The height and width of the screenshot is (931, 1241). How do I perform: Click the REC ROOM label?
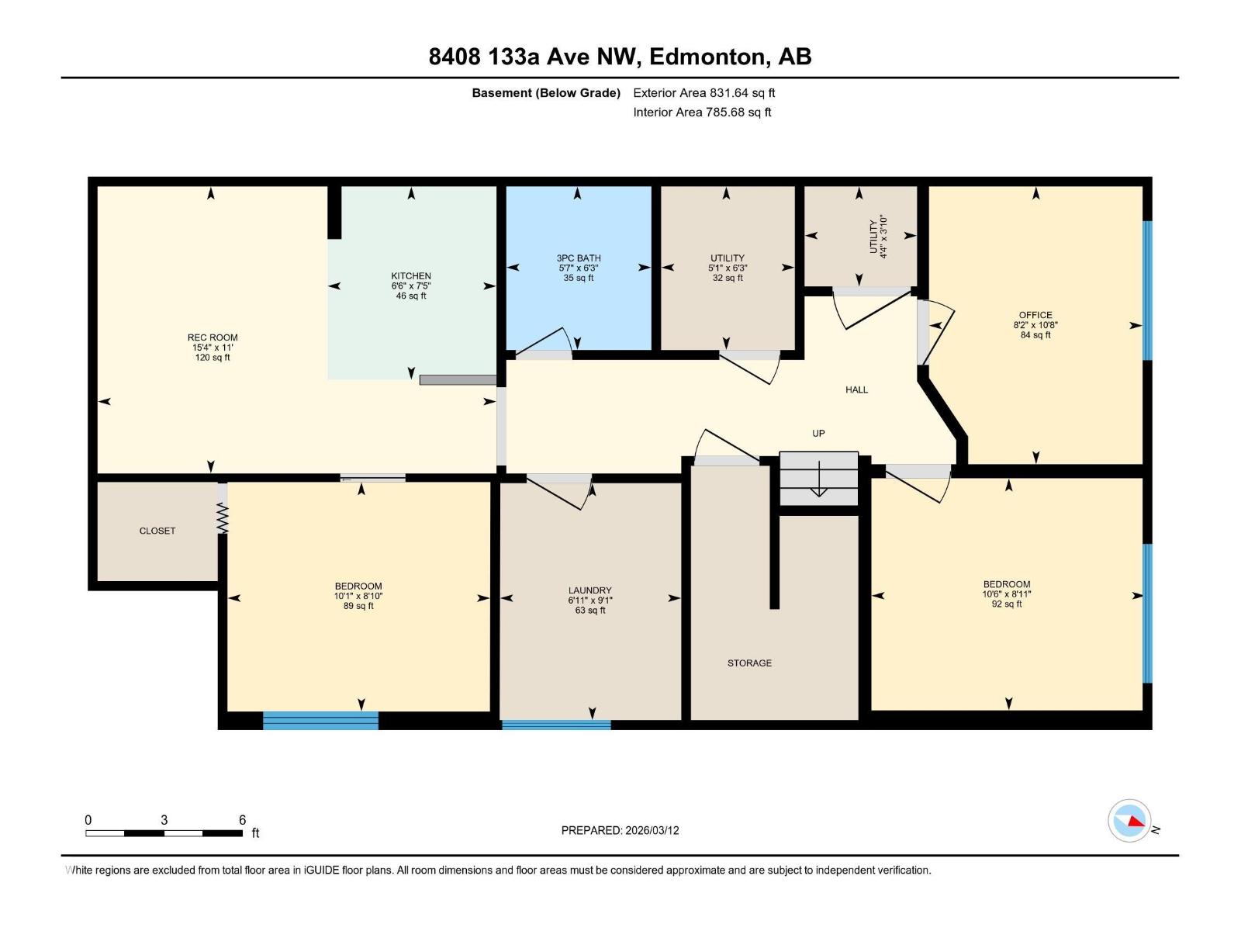(x=213, y=337)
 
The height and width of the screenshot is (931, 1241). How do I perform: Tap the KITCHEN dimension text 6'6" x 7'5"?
(x=411, y=286)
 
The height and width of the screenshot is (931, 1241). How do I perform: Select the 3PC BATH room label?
(x=579, y=258)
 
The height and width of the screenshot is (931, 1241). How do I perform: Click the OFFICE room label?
(x=1035, y=315)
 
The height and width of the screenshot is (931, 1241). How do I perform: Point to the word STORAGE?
(x=749, y=663)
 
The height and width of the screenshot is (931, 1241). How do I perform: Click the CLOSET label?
(x=157, y=531)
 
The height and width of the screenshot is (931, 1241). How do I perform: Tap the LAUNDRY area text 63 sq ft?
(x=590, y=611)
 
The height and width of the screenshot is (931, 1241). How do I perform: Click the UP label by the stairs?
(x=818, y=434)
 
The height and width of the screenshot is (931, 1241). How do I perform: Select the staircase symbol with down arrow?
(x=819, y=479)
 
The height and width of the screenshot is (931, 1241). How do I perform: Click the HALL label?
(x=856, y=389)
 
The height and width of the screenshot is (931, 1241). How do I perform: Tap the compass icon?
(x=1129, y=821)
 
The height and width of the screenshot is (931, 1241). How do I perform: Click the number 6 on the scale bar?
(x=242, y=820)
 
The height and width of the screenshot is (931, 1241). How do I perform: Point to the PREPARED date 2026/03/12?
(x=651, y=830)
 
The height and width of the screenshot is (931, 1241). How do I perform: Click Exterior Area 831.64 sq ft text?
(x=703, y=93)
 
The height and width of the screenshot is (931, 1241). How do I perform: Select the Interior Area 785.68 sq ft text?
(x=702, y=112)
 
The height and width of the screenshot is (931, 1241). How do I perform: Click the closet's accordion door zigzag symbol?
(x=223, y=517)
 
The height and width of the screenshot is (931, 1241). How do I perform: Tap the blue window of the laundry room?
(x=556, y=725)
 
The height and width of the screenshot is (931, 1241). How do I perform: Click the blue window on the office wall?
(x=1148, y=290)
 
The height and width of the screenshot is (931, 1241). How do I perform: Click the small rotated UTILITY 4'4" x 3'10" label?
(x=877, y=236)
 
